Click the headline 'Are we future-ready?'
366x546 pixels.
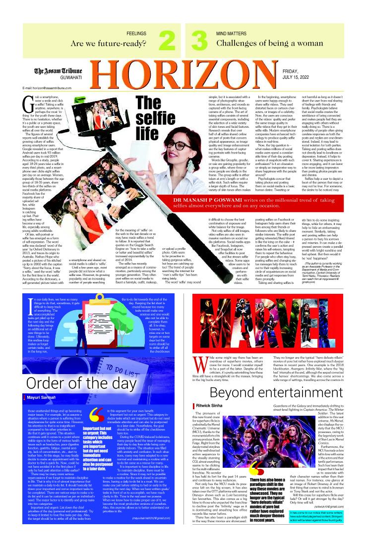click(x=111, y=43)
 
